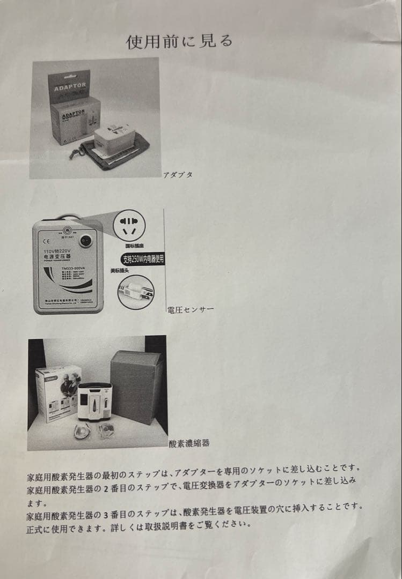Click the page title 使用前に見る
[x=179, y=41]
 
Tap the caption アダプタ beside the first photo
[x=178, y=175]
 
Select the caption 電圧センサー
[x=191, y=309]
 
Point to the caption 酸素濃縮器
[x=189, y=443]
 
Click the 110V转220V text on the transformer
[x=58, y=250]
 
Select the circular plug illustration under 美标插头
[x=136, y=292]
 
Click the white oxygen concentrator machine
[x=94, y=403]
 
